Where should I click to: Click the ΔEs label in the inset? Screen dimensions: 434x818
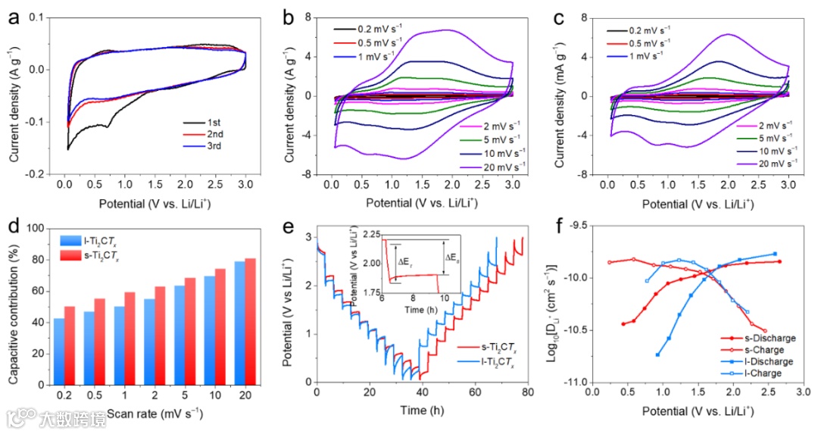pos(451,258)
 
